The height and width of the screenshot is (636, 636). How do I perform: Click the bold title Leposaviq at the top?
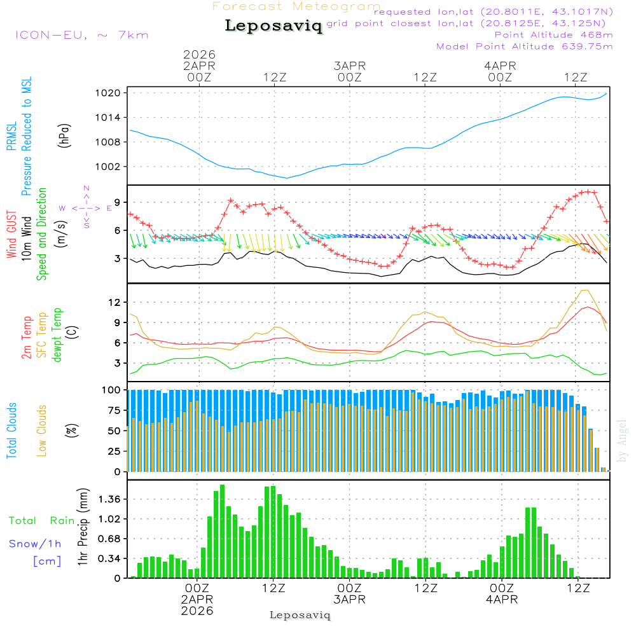pyautogui.click(x=274, y=26)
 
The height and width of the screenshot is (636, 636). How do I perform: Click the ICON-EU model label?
pyautogui.click(x=81, y=35)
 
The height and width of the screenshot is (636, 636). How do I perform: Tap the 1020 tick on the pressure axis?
pyautogui.click(x=109, y=93)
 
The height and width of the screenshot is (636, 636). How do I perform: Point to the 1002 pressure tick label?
pyautogui.click(x=109, y=167)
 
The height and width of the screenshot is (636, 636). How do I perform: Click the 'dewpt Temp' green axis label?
pyautogui.click(x=58, y=335)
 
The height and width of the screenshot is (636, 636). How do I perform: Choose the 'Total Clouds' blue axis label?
pyautogui.click(x=12, y=431)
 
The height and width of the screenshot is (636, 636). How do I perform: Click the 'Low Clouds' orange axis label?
pyautogui.click(x=42, y=431)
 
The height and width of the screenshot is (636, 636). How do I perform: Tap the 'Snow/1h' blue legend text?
pyautogui.click(x=35, y=544)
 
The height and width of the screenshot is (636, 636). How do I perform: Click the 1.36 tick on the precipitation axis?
pyautogui.click(x=110, y=499)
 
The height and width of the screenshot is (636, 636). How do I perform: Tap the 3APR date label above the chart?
pyautogui.click(x=349, y=66)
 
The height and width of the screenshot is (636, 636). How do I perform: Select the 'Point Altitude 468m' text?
pyautogui.click(x=553, y=35)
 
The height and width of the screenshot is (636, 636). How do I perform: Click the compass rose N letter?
pyautogui.click(x=86, y=188)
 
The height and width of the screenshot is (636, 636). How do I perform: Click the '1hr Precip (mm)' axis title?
pyautogui.click(x=83, y=527)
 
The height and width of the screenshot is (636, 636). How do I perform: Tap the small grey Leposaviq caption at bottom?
pyautogui.click(x=300, y=615)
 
